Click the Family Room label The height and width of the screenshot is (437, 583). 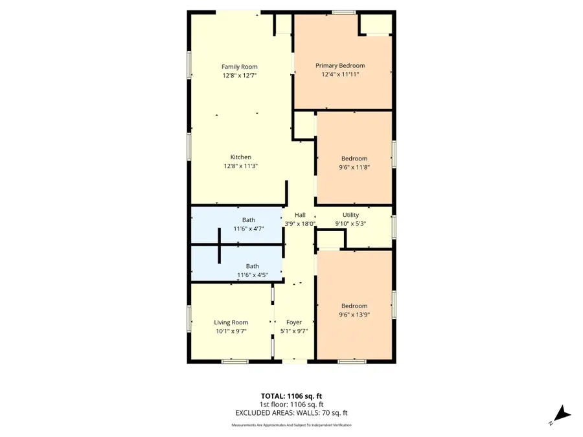(x=240, y=67)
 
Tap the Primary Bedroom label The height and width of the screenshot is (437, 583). (x=340, y=65)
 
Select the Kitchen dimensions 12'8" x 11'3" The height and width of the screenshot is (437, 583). (x=240, y=166)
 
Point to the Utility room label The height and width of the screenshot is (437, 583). (x=351, y=215)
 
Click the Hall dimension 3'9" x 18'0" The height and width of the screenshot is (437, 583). (x=300, y=224)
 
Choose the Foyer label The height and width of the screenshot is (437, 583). (x=294, y=322)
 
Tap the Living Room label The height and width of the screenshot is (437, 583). (x=231, y=322)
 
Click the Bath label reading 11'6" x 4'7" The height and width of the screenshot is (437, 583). (x=249, y=229)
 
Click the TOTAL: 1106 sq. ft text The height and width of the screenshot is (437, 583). (x=291, y=396)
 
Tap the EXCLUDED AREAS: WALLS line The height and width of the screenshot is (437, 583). (x=291, y=413)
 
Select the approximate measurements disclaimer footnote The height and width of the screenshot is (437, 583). (x=291, y=425)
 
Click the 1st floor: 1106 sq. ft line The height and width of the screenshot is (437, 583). (x=291, y=405)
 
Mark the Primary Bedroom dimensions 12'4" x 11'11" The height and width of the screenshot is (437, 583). (x=340, y=74)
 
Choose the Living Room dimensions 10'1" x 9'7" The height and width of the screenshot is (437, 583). (x=231, y=331)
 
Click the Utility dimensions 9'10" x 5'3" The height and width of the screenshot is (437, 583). (x=351, y=224)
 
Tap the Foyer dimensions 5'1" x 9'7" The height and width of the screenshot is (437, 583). (x=294, y=331)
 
